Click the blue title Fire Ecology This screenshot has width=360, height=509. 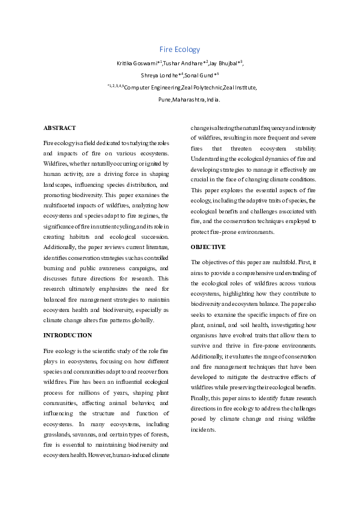coord(179,49)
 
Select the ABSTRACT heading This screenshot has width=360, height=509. coord(60,128)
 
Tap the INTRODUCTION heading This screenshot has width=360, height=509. coord(68,335)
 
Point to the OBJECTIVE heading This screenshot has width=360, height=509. coord(208,247)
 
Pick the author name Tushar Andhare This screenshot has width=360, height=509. coord(185,63)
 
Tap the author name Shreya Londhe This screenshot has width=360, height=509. coord(161,75)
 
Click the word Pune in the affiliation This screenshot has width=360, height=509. coord(164,99)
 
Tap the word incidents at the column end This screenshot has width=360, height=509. coord(203,430)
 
